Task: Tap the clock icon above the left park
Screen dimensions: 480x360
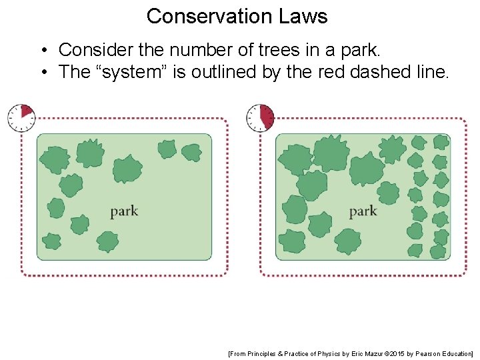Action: click(21, 117)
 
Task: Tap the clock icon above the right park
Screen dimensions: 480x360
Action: click(260, 117)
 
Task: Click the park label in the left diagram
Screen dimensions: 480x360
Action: click(124, 211)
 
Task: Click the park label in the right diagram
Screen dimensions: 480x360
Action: click(363, 211)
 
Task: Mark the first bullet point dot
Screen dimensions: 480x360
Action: click(42, 50)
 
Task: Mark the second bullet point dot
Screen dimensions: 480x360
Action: click(42, 72)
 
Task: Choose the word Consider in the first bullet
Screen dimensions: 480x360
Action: click(89, 49)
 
